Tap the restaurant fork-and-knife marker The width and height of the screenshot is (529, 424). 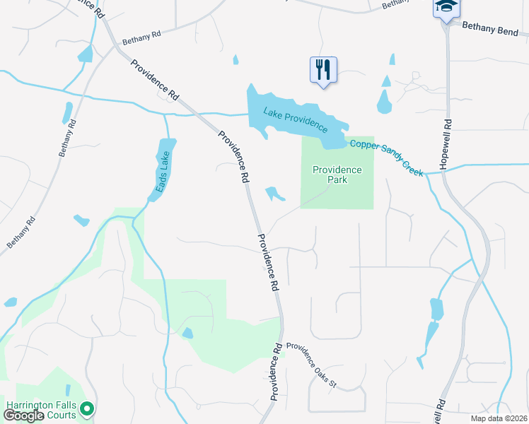pos(323,71)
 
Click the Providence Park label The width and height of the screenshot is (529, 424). pos(337,175)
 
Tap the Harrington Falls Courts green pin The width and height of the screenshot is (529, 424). pos(87,408)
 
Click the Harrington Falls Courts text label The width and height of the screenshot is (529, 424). pos(41,410)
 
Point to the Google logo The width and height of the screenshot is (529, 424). pos(24,416)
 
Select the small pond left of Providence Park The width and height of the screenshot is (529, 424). pos(273,193)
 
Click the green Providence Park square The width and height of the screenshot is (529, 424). pos(337,194)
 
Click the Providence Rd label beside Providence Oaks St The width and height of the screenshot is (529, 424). pos(274,371)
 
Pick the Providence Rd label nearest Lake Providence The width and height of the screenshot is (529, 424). pos(234,156)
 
